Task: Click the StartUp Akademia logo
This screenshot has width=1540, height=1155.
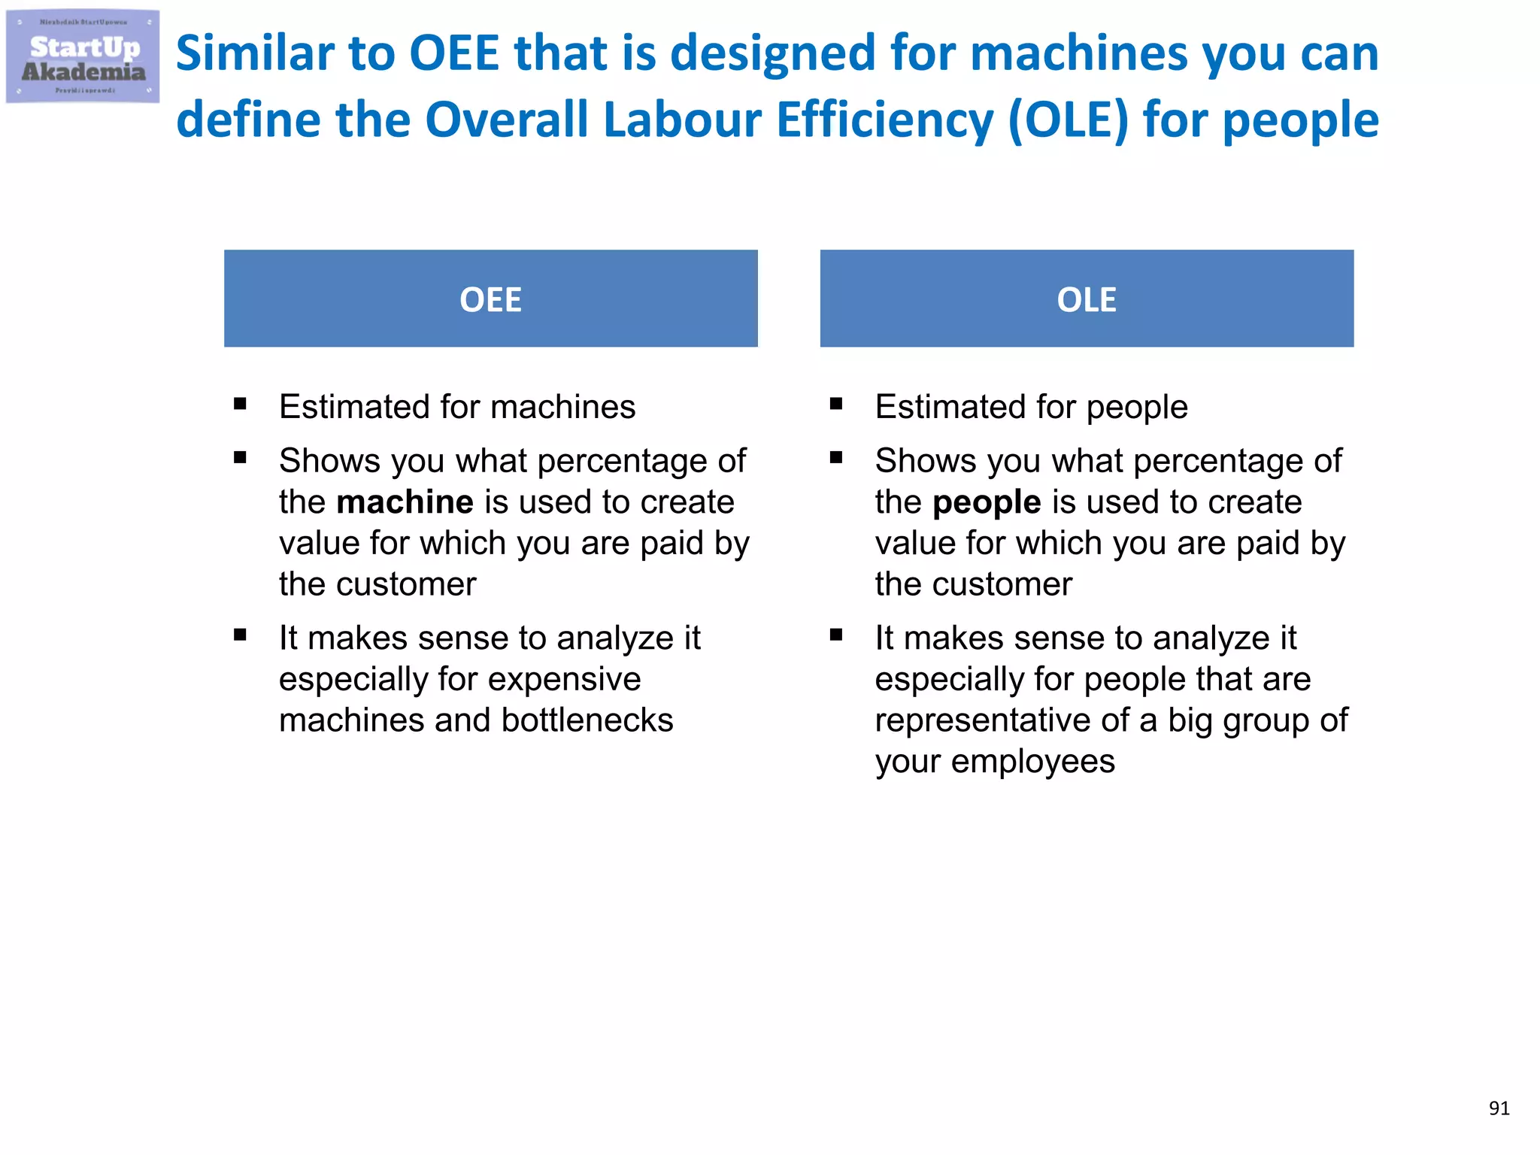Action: pos(83,57)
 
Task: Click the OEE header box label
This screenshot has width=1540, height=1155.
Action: pos(490,300)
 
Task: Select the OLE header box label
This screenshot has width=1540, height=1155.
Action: pos(1086,300)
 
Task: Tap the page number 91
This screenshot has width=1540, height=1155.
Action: pos(1499,1108)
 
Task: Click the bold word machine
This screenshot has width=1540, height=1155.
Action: pos(405,502)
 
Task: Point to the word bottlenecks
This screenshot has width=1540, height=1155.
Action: pos(587,720)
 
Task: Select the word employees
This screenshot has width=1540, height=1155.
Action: pos(1032,762)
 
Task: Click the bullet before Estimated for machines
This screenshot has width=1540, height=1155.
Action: pos(240,405)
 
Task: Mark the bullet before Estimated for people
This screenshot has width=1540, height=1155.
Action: pos(836,405)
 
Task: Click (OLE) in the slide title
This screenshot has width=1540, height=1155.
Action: pos(1068,120)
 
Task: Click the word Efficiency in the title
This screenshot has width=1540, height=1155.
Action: pos(885,120)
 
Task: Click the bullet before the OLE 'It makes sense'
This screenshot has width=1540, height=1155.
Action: pos(836,635)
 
